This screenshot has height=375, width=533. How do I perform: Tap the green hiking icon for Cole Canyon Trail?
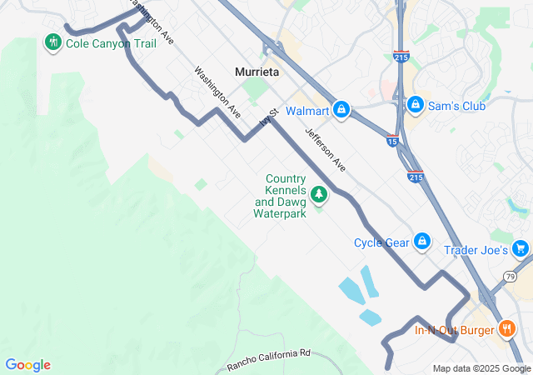[53, 42]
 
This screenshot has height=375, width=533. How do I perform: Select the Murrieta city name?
[257, 72]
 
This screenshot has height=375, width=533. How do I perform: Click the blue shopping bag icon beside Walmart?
[341, 110]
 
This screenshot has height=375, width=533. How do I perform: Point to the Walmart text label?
[307, 110]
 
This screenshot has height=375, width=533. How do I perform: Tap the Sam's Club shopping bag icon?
[415, 105]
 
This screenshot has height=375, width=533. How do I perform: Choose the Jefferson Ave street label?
[326, 149]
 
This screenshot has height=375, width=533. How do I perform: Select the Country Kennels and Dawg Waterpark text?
[281, 197]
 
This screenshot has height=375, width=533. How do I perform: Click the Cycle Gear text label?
[381, 242]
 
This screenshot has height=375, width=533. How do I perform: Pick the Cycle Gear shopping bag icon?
[422, 242]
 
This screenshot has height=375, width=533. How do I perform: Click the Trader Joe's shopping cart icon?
[521, 248]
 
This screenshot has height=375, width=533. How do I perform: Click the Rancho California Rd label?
[268, 359]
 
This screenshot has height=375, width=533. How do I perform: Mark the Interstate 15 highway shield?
[391, 142]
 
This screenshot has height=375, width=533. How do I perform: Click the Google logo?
[27, 365]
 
